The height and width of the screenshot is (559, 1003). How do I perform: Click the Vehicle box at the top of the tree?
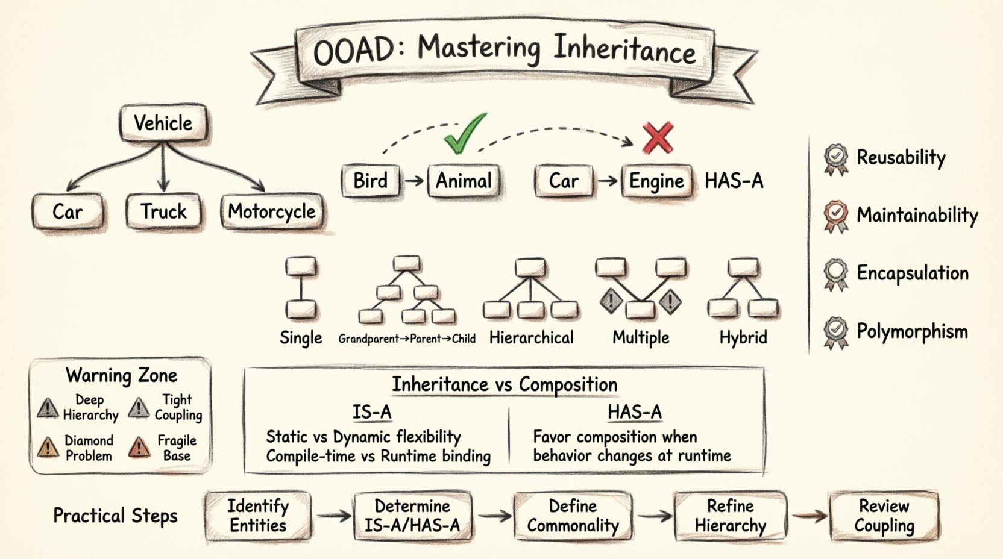[163, 123]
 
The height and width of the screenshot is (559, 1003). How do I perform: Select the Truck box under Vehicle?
[163, 211]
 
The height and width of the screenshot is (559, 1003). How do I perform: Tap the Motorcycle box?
[271, 211]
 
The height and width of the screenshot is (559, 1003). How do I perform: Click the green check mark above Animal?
[464, 133]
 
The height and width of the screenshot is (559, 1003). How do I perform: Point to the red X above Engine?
[658, 138]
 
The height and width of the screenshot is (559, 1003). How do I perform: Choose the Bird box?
[370, 180]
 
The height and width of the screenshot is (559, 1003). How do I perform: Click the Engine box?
[656, 181]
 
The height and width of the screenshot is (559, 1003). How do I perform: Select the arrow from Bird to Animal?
[413, 180]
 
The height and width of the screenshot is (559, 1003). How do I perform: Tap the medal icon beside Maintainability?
[835, 216]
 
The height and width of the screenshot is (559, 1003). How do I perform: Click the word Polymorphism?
[912, 331]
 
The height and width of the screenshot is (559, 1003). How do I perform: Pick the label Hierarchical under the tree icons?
[531, 338]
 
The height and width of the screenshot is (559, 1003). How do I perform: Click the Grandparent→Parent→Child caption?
[407, 339]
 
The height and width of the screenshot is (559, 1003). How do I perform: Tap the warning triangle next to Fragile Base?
[139, 448]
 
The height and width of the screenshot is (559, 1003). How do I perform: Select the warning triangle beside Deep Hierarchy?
[48, 408]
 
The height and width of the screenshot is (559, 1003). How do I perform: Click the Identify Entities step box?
[258, 516]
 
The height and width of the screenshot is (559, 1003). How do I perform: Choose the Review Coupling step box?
[884, 516]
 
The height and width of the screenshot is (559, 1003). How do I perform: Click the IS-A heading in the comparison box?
[372, 412]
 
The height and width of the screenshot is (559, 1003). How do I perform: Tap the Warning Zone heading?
[121, 375]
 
